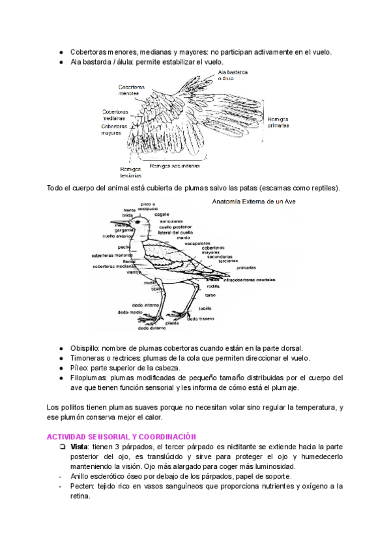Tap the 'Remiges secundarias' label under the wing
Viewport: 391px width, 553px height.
point(175,166)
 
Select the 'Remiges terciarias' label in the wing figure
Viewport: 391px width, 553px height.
point(130,172)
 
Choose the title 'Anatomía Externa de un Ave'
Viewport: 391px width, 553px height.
point(254,202)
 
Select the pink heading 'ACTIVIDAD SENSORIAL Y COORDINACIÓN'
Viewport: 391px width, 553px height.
point(122,436)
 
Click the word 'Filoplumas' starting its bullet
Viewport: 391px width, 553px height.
point(89,378)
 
